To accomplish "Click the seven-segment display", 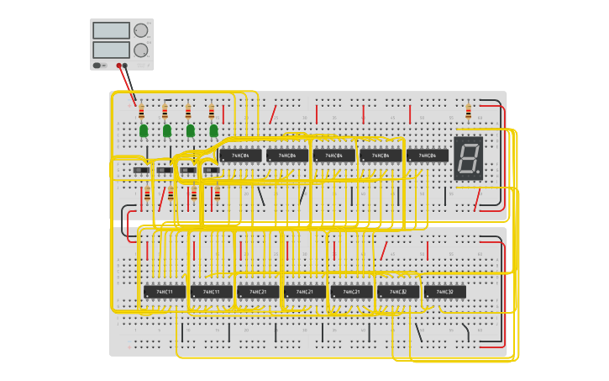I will point(468,157).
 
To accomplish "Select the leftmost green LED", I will point(144,130).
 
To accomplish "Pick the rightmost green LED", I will point(214,130).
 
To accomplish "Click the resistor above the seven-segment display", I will point(468,112).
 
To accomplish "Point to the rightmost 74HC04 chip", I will point(428,156).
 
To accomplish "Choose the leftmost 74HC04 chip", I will point(240,156).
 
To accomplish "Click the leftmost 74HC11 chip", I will point(165,292).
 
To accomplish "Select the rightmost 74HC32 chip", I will point(445,292).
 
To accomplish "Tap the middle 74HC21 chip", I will point(305,292).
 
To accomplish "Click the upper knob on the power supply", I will point(140,30).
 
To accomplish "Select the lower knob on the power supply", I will point(140,50).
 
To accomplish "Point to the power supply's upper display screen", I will point(111,30).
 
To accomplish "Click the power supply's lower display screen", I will point(111,50).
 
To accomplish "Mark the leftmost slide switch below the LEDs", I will point(141,171).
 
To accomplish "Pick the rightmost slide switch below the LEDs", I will point(212,171).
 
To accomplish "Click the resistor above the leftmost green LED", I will point(141,112).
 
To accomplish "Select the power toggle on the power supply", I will point(98,65).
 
